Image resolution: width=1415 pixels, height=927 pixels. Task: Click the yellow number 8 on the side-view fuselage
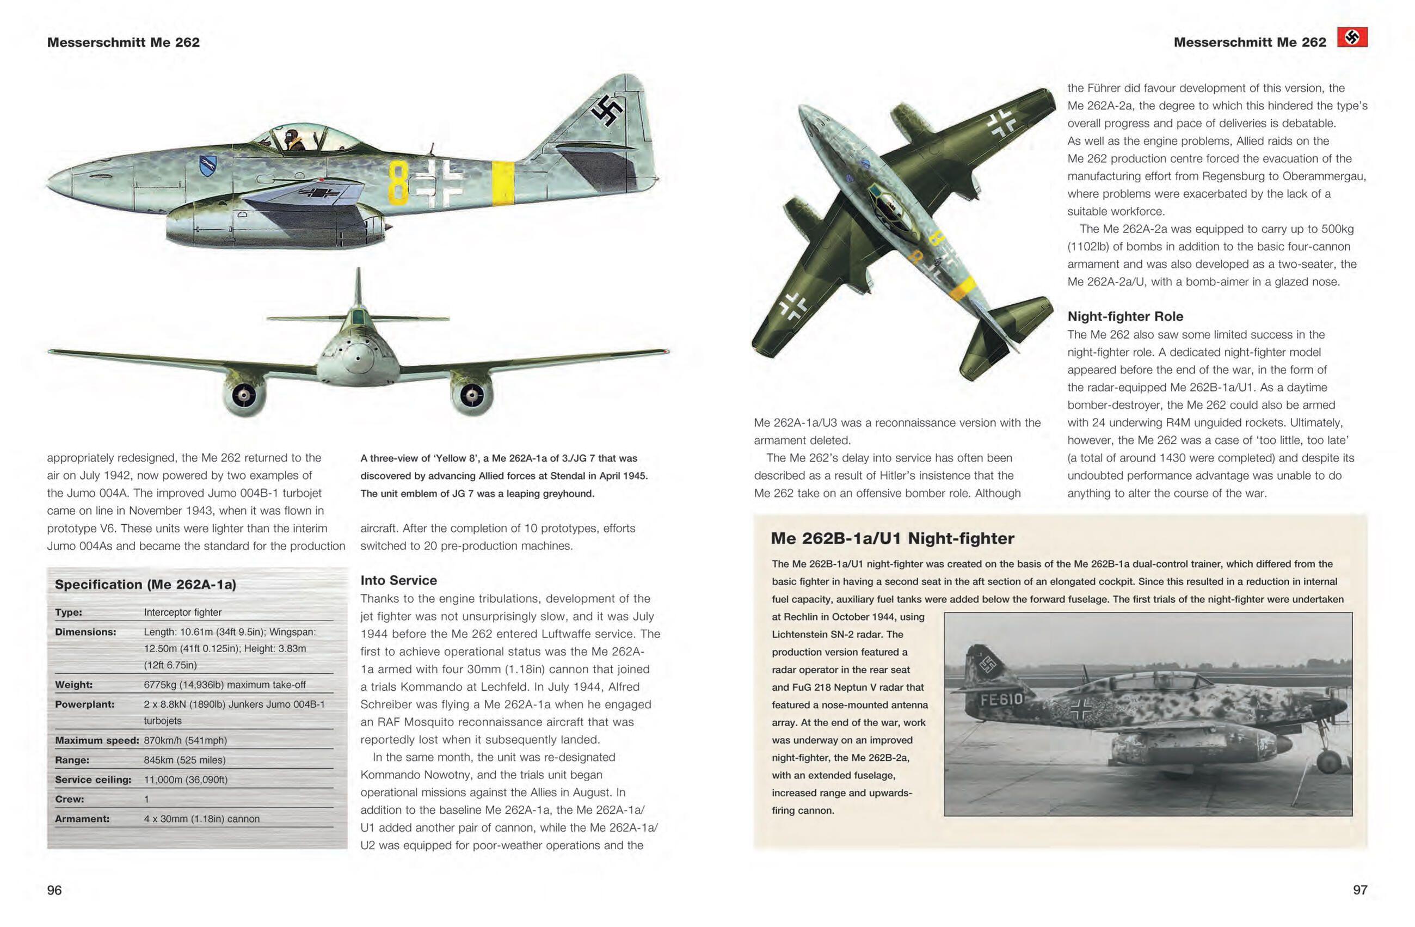[x=398, y=183]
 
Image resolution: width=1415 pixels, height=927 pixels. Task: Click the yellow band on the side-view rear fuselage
[x=503, y=183]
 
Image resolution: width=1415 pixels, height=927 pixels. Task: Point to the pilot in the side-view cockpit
[x=292, y=139]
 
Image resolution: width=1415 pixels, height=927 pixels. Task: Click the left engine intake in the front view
[x=244, y=394]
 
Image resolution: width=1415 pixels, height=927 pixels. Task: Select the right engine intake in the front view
[x=472, y=394]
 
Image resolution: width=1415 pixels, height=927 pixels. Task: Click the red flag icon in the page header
[x=1352, y=38]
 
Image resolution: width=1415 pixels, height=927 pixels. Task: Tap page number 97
[x=1359, y=890]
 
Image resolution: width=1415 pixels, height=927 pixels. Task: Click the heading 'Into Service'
[x=398, y=580]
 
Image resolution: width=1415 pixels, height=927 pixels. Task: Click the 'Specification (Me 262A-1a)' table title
[x=145, y=585]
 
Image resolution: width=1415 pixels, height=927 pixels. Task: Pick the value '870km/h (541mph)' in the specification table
[x=185, y=740]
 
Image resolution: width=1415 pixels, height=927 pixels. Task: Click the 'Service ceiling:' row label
[x=93, y=779]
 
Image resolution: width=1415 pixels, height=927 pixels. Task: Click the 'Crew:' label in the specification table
[x=69, y=799]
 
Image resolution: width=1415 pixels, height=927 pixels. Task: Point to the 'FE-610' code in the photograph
[x=1001, y=699]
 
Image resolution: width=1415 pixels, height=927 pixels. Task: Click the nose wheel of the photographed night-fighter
[x=1328, y=762]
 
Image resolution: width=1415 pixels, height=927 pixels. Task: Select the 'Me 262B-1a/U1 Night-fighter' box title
[x=892, y=539]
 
